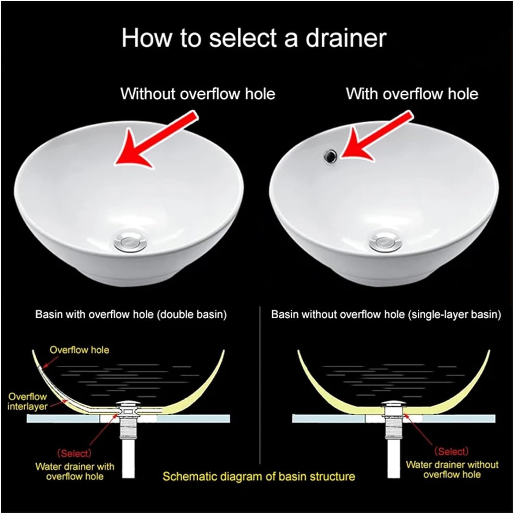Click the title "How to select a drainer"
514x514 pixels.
254,38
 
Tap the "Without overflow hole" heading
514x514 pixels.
198,94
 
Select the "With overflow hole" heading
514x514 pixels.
412,94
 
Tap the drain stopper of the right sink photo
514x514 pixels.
387,242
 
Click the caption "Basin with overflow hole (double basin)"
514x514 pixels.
131,315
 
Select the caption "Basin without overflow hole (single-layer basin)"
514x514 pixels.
386,315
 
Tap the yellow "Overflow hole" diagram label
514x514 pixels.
79,350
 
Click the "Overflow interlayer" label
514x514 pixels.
27,401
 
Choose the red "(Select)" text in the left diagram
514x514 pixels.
74,453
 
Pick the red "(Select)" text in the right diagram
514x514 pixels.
451,452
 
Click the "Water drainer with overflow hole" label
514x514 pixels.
75,471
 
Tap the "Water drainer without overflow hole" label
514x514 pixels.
452,469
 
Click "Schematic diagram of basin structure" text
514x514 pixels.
259,476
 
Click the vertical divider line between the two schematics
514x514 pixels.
261,394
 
